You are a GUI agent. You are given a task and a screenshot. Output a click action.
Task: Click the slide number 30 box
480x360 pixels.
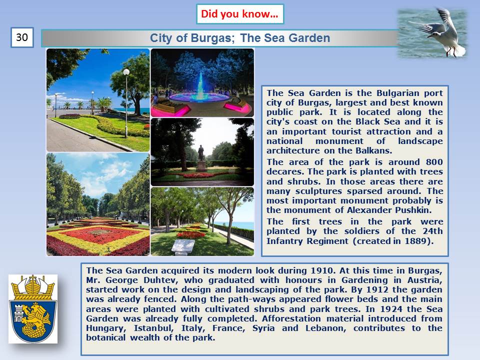coord(22,37)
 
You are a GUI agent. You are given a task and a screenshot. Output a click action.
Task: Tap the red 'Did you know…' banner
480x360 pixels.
coord(240,14)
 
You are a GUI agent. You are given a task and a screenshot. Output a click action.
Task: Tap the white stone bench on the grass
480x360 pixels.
coord(183,247)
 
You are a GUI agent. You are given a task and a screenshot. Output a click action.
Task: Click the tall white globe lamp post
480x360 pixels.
coord(126,103)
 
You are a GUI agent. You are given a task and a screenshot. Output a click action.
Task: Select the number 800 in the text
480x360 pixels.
coord(434,162)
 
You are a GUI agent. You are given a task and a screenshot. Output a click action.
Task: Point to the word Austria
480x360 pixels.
coord(424,280)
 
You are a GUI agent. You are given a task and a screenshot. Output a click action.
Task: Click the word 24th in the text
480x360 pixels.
coord(432,231)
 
